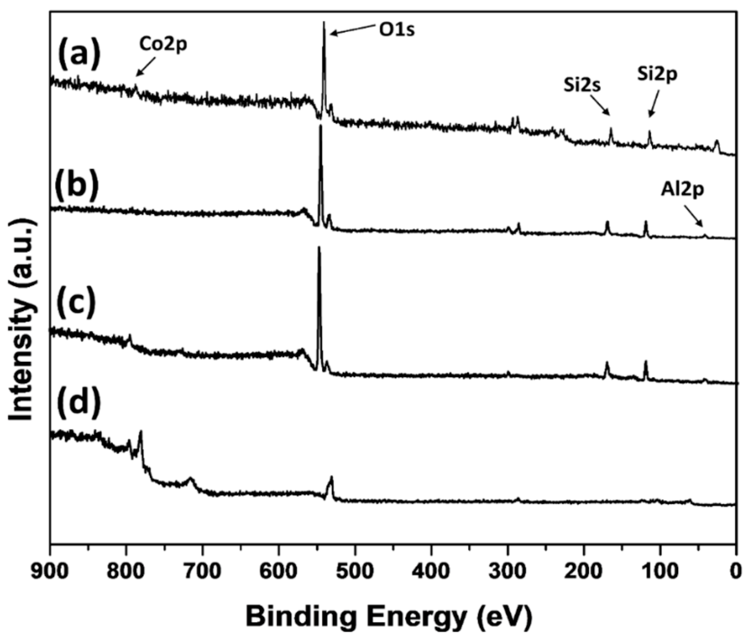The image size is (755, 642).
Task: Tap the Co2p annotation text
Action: [163, 46]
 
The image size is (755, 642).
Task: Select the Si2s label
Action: [582, 86]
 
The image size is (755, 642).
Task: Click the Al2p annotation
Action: [682, 191]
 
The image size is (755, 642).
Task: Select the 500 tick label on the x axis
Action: [355, 570]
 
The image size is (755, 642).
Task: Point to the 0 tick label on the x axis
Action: [736, 570]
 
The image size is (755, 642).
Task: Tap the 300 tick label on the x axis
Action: [508, 570]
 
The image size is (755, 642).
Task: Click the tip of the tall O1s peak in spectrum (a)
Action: [324, 22]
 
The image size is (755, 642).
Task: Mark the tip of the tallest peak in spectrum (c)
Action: [319, 247]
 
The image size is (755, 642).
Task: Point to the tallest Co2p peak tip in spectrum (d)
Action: [141, 431]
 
